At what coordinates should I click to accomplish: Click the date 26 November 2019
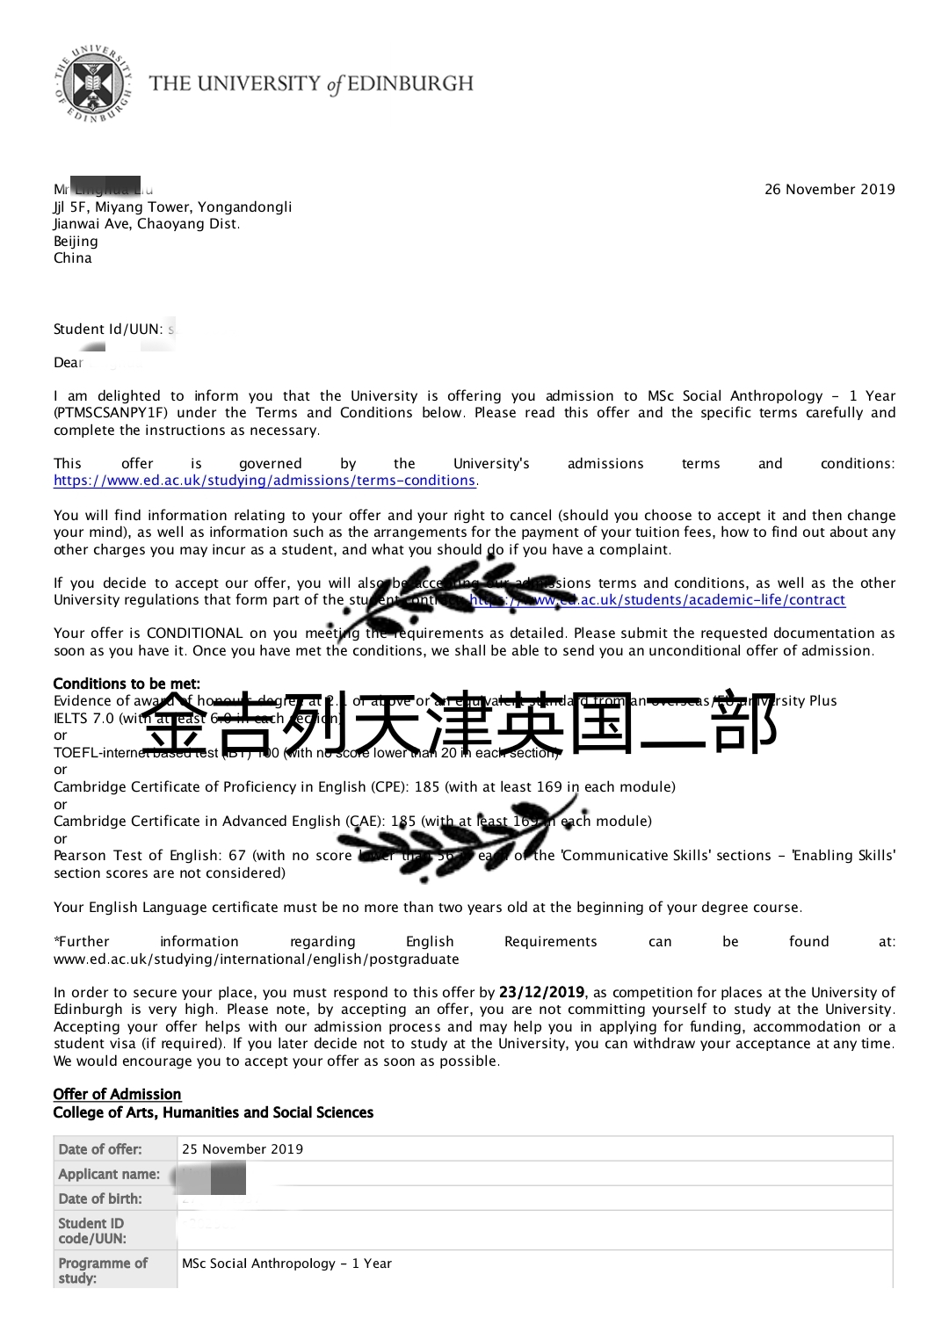tap(829, 189)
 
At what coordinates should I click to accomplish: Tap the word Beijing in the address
tap(76, 241)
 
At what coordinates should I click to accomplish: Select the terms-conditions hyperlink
tap(264, 481)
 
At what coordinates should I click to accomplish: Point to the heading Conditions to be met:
tap(127, 684)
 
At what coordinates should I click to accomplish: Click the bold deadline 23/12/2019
tap(541, 992)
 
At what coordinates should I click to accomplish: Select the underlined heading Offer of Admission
tap(117, 1094)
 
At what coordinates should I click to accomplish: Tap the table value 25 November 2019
tap(242, 1149)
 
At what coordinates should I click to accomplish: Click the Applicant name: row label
tap(109, 1174)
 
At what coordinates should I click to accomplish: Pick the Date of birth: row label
tap(99, 1198)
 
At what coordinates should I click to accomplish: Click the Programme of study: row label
tap(103, 1271)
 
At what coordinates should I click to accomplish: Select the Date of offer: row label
tap(99, 1149)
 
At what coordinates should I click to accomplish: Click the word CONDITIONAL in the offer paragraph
tap(194, 634)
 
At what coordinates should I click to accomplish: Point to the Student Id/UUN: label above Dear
tap(108, 329)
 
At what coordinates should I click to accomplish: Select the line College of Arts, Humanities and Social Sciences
tap(213, 1112)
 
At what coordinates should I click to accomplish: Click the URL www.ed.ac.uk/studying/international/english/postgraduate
tap(256, 959)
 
